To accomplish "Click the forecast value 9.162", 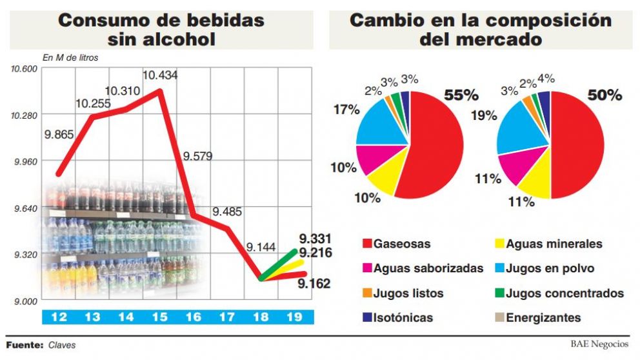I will (314, 283).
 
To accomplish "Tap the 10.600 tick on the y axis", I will (24, 68).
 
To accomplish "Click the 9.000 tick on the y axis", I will (26, 301).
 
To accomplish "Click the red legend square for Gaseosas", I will (367, 245).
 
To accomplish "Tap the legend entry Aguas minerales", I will (554, 244).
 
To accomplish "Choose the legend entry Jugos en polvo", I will (550, 268).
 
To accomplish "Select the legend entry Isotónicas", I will (403, 317).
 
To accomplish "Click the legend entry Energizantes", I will (543, 317).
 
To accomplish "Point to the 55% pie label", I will (461, 95).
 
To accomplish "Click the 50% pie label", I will (604, 95).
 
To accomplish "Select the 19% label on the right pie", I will (485, 115).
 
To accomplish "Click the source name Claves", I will (62, 345).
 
